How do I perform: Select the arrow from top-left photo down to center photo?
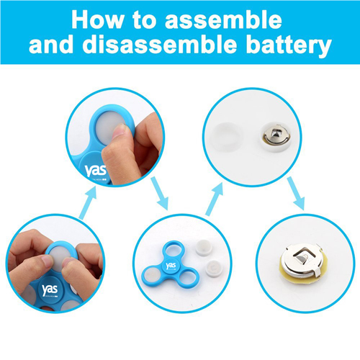(x=160, y=193)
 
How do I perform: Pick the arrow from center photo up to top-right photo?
(x=215, y=199)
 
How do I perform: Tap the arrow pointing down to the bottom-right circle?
(x=296, y=193)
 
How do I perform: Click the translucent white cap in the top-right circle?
(x=225, y=137)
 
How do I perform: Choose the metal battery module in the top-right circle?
(x=276, y=138)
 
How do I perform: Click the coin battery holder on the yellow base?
(x=304, y=264)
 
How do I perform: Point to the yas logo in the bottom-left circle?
(x=50, y=289)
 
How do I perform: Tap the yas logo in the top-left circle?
(x=95, y=171)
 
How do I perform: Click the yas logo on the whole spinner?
(x=171, y=266)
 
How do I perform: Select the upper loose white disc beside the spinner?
(x=204, y=248)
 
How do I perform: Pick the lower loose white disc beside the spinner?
(x=214, y=269)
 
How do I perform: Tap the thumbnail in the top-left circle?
(x=119, y=130)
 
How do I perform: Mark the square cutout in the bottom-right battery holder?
(x=302, y=257)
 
